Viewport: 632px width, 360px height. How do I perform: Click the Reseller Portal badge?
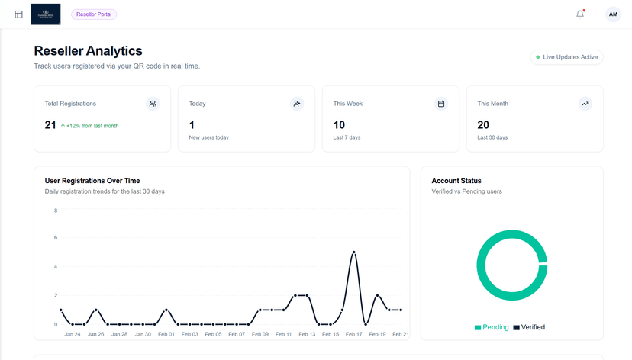pyautogui.click(x=94, y=14)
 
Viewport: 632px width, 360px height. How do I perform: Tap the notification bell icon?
pyautogui.click(x=580, y=14)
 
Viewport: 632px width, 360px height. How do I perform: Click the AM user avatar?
pyautogui.click(x=613, y=14)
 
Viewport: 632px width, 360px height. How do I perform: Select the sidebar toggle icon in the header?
pyautogui.click(x=19, y=14)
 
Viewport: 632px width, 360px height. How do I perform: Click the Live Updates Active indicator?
pyautogui.click(x=566, y=57)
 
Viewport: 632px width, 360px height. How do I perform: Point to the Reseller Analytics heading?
pyautogui.click(x=88, y=51)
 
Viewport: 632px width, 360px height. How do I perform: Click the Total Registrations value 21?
pyautogui.click(x=50, y=125)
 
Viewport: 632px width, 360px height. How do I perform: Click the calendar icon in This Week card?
pyautogui.click(x=441, y=104)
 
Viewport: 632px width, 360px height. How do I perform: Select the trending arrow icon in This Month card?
pyautogui.click(x=585, y=104)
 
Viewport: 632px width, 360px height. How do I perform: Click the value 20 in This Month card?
pyautogui.click(x=483, y=125)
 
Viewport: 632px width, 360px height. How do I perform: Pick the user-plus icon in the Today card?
pyautogui.click(x=297, y=104)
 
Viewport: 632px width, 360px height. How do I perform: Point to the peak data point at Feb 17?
pyautogui.click(x=353, y=252)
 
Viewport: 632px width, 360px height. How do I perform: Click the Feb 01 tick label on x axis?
pyautogui.click(x=166, y=334)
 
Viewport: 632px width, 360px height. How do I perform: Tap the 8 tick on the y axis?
pyautogui.click(x=55, y=211)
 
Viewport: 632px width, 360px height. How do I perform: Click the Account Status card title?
pyautogui.click(x=456, y=181)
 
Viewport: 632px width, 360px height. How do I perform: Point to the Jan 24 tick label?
pyautogui.click(x=73, y=334)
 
